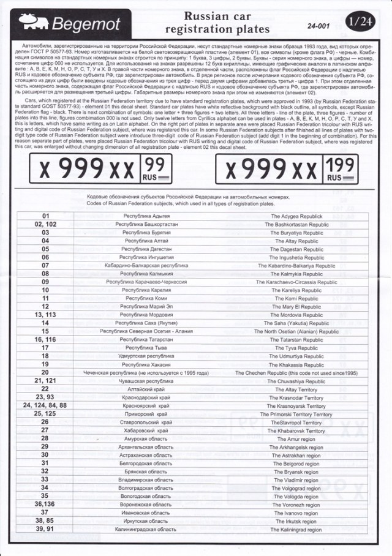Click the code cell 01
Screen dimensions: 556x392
(x=46, y=217)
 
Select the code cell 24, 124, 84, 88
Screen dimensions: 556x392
(x=46, y=405)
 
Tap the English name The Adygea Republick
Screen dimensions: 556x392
(x=296, y=217)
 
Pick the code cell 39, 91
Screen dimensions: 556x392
(x=46, y=529)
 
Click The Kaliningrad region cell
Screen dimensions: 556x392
(x=296, y=530)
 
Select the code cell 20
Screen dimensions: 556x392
(x=46, y=372)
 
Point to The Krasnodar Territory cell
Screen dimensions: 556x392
(x=296, y=397)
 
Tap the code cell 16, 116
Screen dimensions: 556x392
(x=46, y=339)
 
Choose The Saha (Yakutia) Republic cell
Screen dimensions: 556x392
(x=296, y=323)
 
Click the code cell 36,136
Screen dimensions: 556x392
(x=46, y=505)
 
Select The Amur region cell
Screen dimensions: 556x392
(x=296, y=439)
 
